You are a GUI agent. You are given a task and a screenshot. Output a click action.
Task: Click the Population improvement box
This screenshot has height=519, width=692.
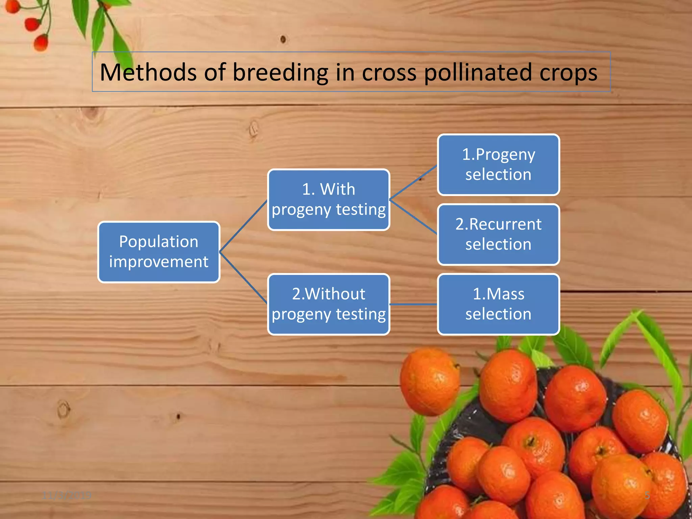pos(159,252)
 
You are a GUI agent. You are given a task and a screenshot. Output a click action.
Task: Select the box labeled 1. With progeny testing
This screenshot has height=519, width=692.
pos(328,200)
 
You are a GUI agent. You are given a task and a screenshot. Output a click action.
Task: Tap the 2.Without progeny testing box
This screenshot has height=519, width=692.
pos(328,304)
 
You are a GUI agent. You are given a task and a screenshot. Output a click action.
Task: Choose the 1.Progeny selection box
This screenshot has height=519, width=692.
pos(498,165)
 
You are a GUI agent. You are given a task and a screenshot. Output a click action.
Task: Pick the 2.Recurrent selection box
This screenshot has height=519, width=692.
pos(498,234)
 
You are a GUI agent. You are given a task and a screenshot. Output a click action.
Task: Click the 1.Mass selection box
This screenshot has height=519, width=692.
pos(498,304)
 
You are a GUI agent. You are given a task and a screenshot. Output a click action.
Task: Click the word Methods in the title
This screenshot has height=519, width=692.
pos(148,72)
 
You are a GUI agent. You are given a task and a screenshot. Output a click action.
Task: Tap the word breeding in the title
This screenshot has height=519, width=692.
pos(280,72)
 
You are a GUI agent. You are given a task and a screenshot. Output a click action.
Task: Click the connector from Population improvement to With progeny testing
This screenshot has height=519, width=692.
pos(243,226)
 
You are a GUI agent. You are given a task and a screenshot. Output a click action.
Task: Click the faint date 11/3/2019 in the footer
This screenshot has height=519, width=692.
pos(67,495)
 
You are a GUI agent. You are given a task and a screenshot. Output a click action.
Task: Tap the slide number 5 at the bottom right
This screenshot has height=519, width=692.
pos(647,495)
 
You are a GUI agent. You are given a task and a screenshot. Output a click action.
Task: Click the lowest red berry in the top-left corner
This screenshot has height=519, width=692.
pos(41,43)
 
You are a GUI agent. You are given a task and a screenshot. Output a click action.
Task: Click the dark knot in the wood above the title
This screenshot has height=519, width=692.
pos(283,40)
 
